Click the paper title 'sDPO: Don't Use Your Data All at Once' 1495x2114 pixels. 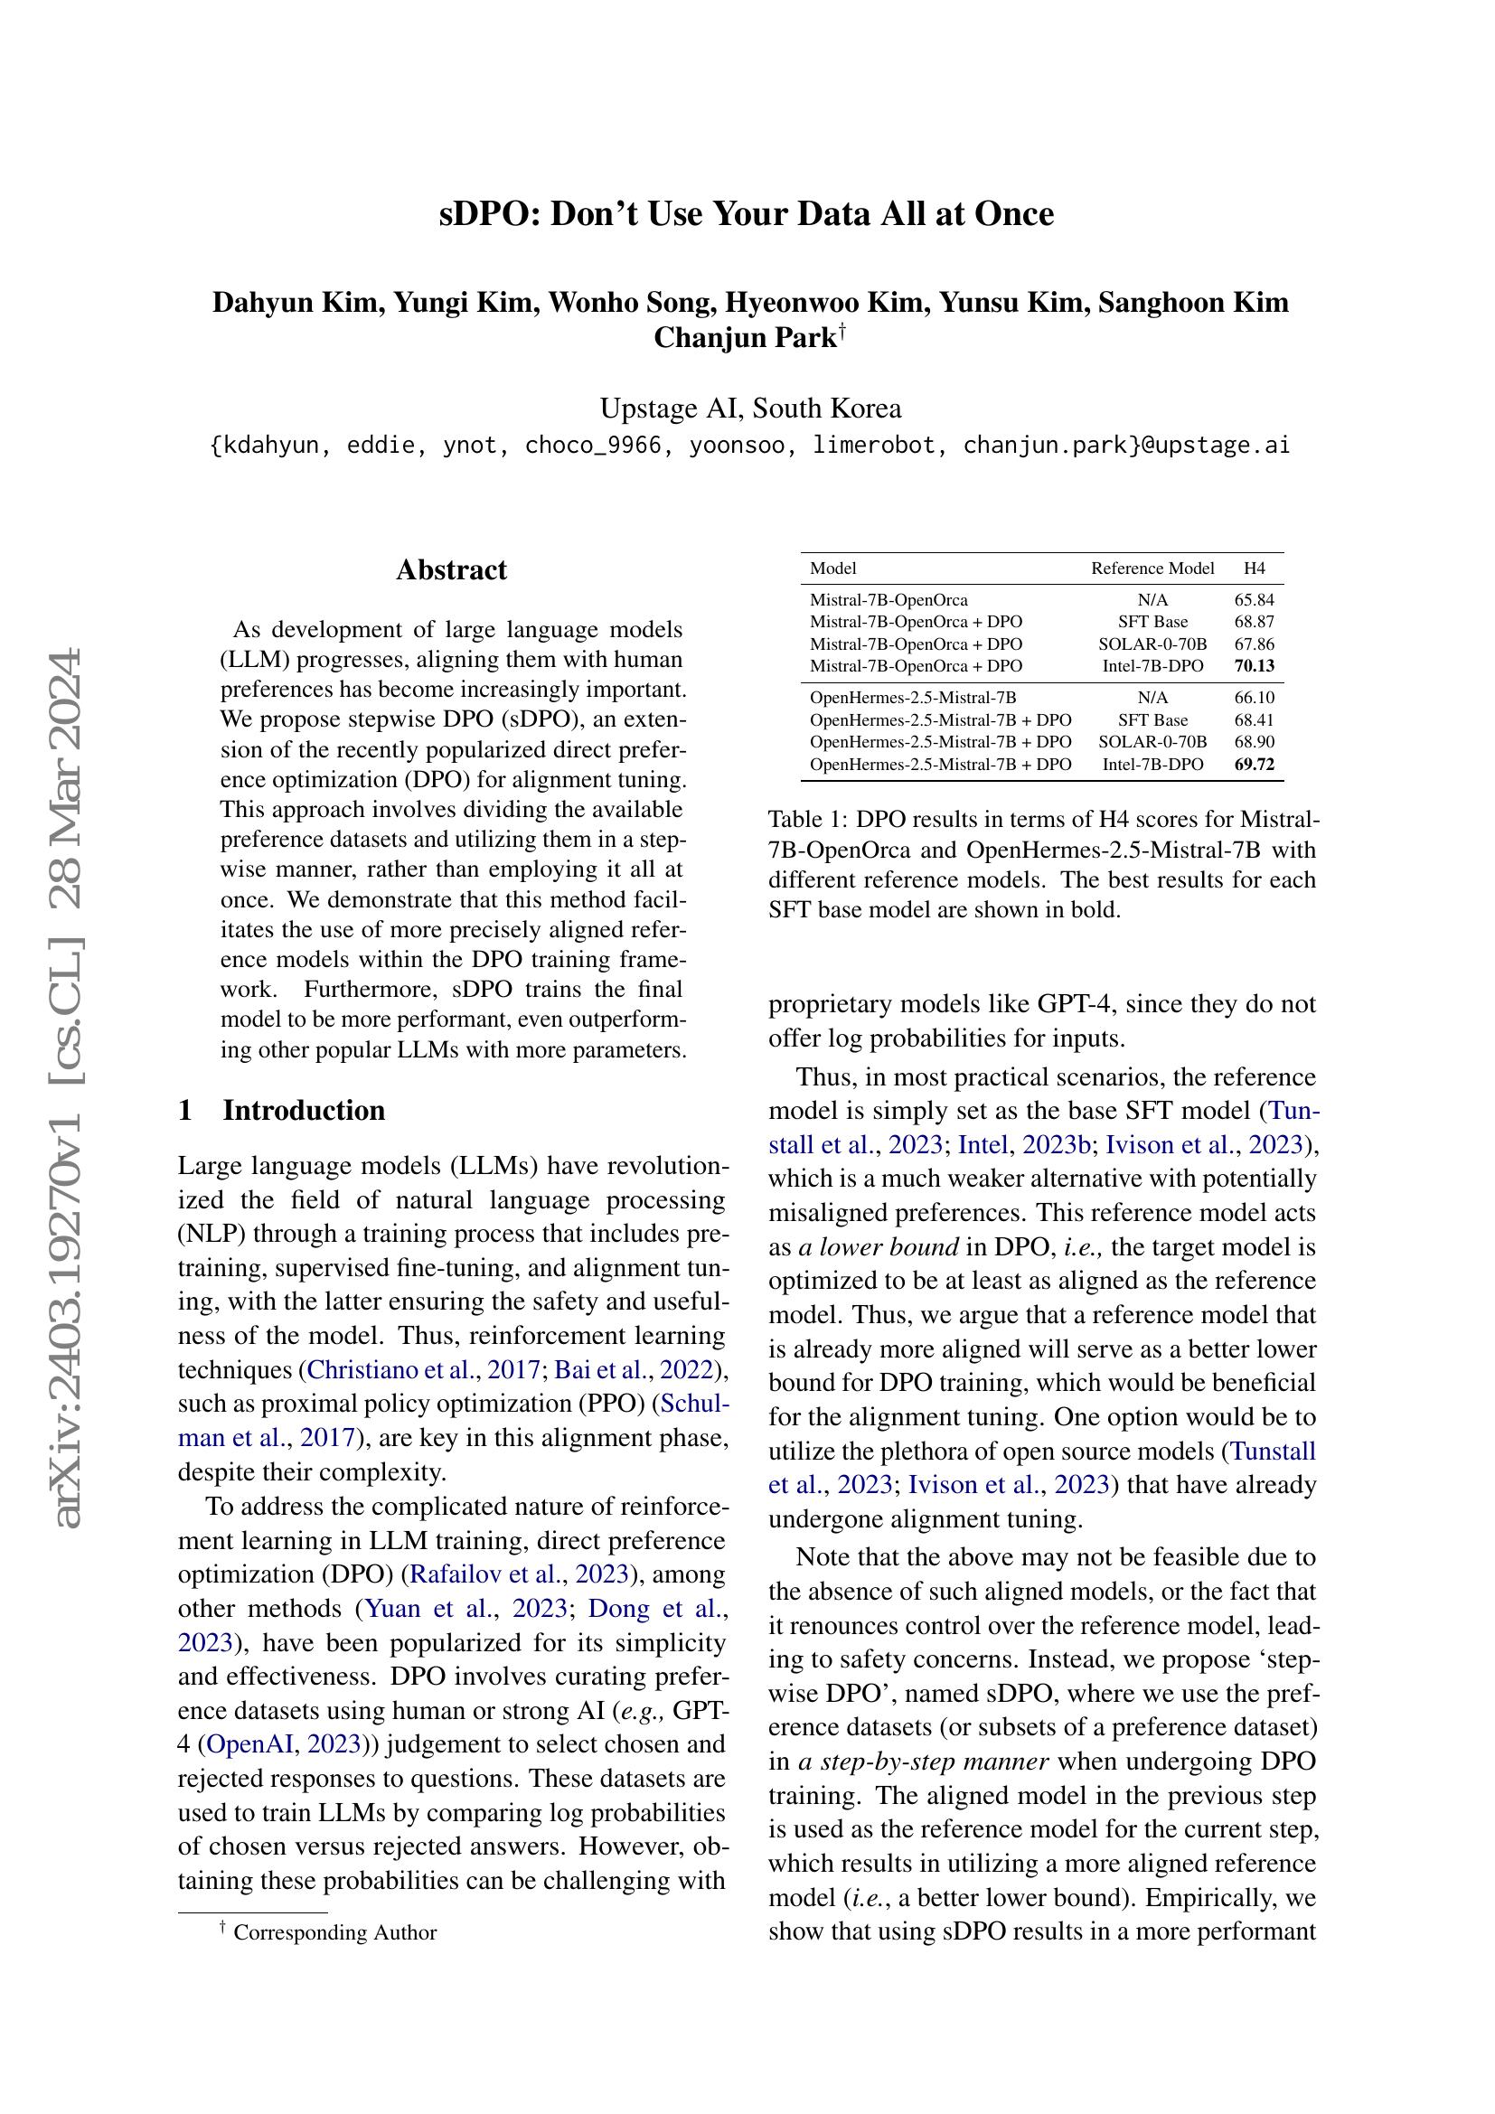747,213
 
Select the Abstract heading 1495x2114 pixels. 451,570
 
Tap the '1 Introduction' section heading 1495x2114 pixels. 282,1110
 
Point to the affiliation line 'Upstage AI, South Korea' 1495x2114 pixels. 750,408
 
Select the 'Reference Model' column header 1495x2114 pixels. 1152,569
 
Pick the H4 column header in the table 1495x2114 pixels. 1254,569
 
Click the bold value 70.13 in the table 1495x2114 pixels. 1254,666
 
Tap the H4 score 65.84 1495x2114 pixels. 1254,600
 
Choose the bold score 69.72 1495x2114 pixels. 1254,765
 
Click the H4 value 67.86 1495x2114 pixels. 1254,644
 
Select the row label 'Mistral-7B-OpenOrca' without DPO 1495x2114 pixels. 889,600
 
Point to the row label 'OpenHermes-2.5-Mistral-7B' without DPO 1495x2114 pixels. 912,698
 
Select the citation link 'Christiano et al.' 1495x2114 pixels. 392,1370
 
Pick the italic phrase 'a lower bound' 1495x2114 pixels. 879,1246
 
